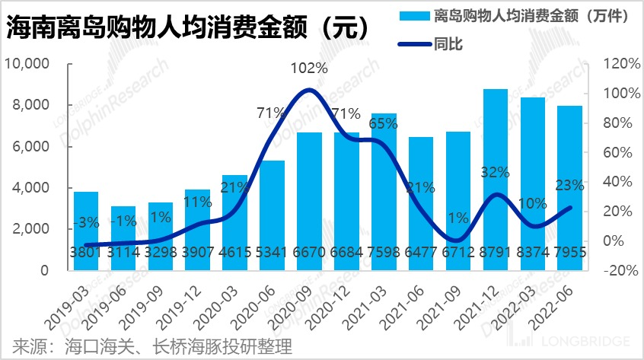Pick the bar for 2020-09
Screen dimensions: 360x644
(x=309, y=201)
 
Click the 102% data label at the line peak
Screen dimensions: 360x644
(x=309, y=68)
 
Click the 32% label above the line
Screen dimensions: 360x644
(x=495, y=172)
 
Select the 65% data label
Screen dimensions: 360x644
(x=384, y=122)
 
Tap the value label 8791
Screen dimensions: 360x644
(x=496, y=253)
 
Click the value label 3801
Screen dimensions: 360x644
(x=86, y=253)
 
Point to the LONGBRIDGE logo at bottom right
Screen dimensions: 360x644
(x=594, y=340)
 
